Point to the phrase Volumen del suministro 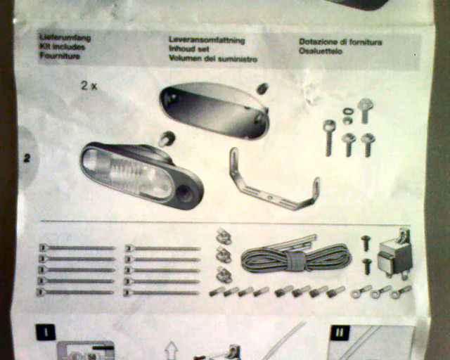[x=212, y=58]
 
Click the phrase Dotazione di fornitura [x=340, y=41]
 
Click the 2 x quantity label [x=89, y=86]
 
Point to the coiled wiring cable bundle [x=295, y=259]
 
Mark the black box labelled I [x=46, y=332]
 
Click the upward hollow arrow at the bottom [x=170, y=349]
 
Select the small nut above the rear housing [x=262, y=89]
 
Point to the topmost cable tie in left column [x=77, y=247]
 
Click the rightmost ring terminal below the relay [x=404, y=290]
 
